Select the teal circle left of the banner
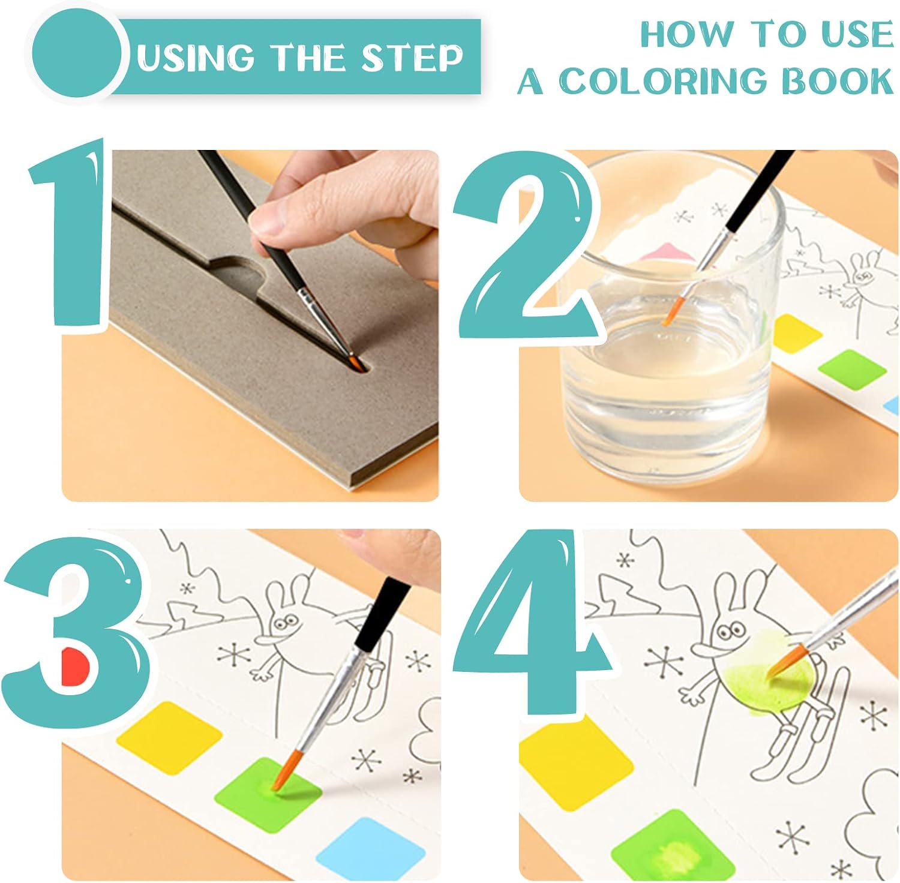(x=76, y=55)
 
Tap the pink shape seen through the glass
(x=667, y=252)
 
